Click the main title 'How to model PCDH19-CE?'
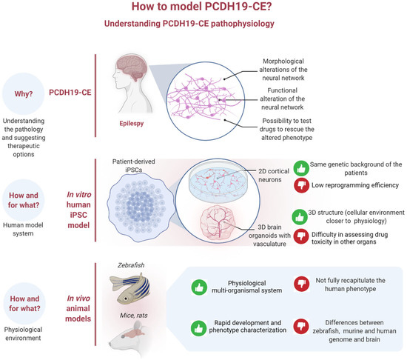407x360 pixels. point(203,8)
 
